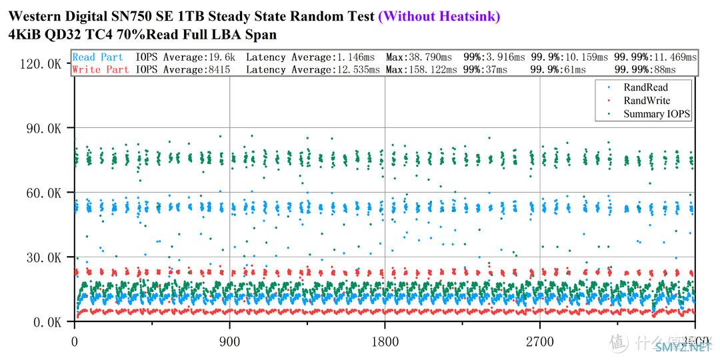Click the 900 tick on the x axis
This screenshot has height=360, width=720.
[230, 342]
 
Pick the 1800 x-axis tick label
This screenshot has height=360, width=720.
[385, 342]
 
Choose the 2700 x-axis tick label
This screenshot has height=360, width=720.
[539, 342]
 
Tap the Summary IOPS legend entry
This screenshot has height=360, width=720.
[656, 114]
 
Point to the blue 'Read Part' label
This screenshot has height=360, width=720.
[98, 57]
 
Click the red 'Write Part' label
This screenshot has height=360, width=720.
[101, 69]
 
